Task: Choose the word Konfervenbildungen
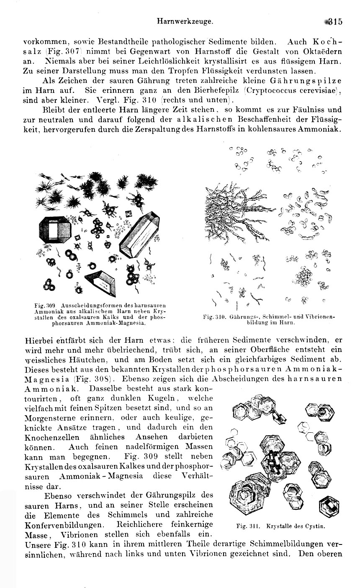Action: click(x=64, y=524)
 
